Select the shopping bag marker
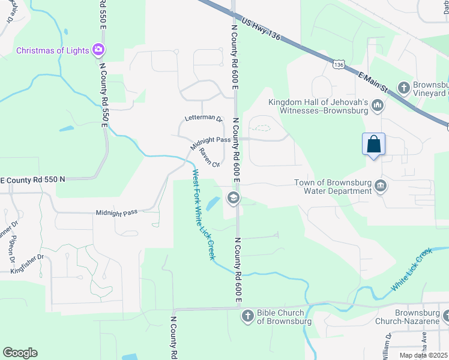point(373,145)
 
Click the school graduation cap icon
point(232,197)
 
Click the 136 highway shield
point(339,64)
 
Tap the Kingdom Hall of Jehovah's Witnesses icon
point(378,106)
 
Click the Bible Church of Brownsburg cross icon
point(247,316)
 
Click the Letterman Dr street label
point(203,119)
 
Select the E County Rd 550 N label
point(32,179)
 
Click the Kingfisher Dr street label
point(28,265)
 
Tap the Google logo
point(20,353)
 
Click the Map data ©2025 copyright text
point(423,355)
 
